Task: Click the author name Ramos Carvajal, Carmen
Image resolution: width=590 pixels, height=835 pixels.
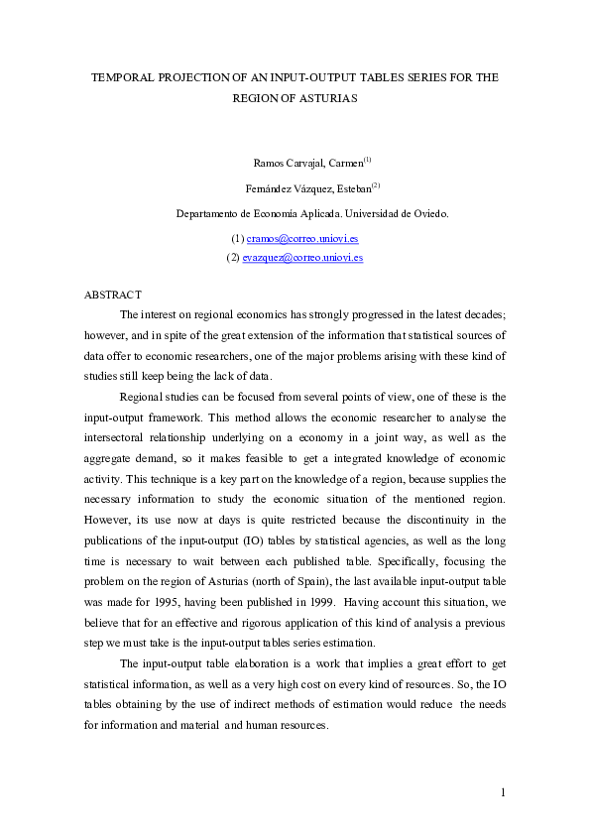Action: click(308, 162)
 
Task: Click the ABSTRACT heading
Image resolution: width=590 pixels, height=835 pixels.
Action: click(113, 295)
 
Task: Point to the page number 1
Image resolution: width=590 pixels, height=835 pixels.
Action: click(504, 791)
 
